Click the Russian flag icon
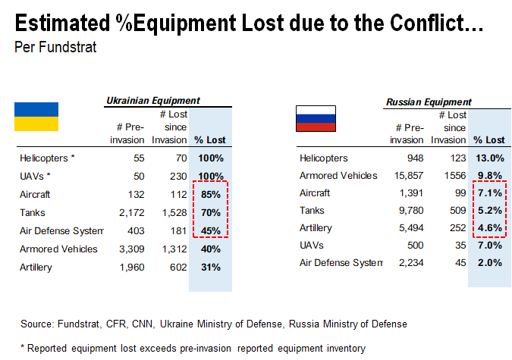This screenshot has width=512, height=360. pyautogui.click(x=316, y=118)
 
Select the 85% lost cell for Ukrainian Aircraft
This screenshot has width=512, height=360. pyautogui.click(x=211, y=195)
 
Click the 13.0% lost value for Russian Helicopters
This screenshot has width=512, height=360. pyautogui.click(x=489, y=158)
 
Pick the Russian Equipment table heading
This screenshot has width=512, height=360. pyautogui.click(x=429, y=102)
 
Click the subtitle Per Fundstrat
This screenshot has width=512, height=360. pyautogui.click(x=55, y=47)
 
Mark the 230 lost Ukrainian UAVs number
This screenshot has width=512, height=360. pyautogui.click(x=176, y=177)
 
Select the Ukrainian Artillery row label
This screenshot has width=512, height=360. pyautogui.click(x=39, y=268)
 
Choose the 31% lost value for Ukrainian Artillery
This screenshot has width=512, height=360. pyautogui.click(x=211, y=268)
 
